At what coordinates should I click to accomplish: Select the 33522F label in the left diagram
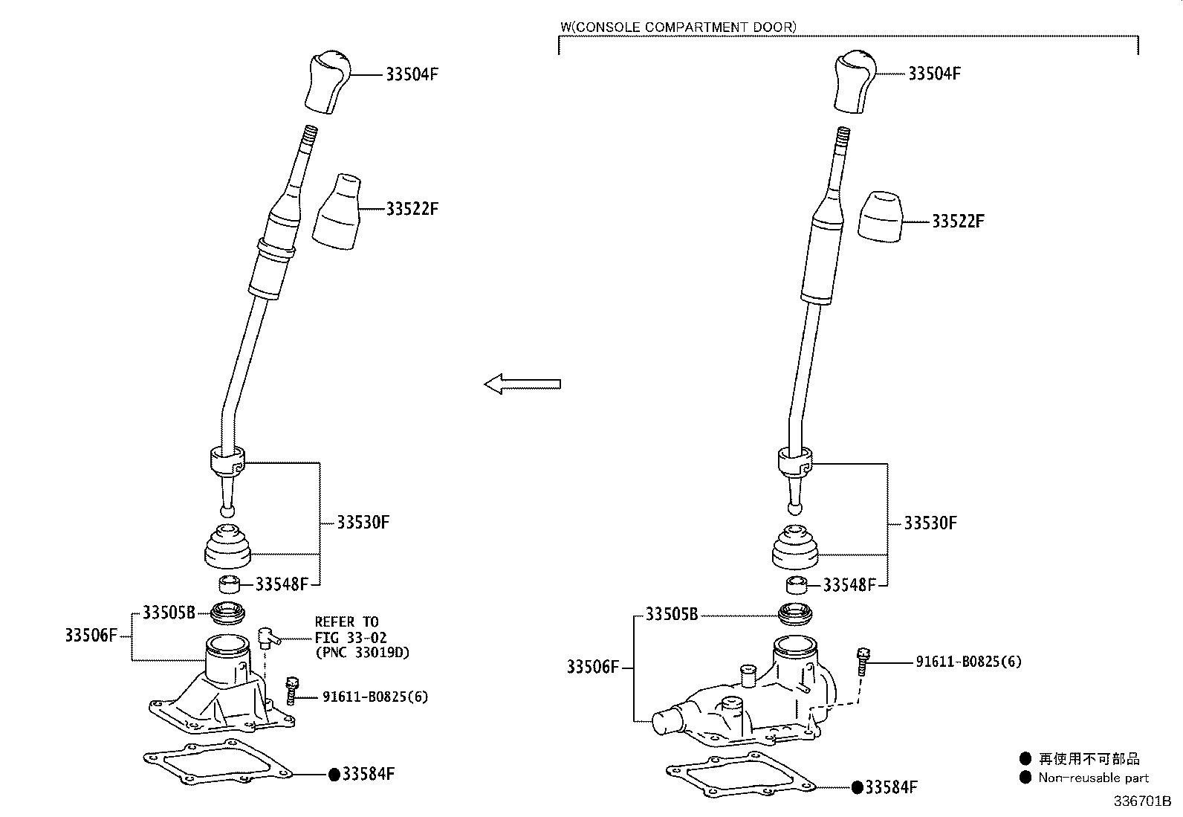point(412,209)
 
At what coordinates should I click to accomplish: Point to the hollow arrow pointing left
point(522,384)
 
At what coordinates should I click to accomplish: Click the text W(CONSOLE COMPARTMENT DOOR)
point(678,27)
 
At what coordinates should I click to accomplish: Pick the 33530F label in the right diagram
point(930,523)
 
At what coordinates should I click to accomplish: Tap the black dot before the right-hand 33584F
point(857,787)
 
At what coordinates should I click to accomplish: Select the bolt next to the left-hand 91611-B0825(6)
point(293,690)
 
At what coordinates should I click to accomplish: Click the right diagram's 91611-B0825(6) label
point(968,661)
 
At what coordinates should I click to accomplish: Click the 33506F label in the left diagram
point(91,636)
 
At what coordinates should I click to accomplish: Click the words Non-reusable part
point(1093,778)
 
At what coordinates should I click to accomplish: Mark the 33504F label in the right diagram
point(934,74)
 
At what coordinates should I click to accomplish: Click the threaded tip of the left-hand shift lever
point(310,138)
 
